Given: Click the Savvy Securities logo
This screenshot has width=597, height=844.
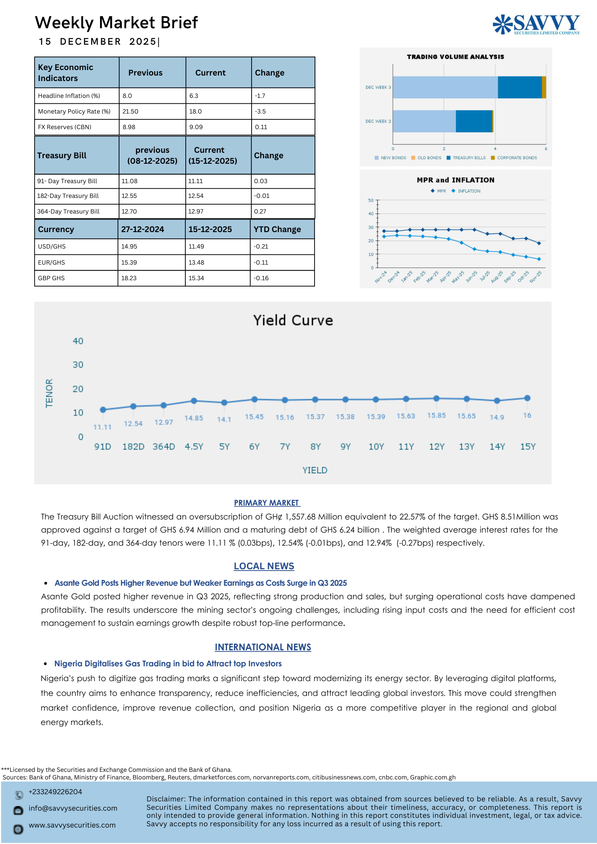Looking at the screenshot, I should pos(536,24).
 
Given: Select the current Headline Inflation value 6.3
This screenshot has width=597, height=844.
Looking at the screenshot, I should pos(194,96).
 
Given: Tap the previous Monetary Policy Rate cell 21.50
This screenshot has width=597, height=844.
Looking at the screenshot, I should pos(130,111).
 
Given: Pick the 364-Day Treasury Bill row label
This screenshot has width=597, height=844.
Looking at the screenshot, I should pos(68,211).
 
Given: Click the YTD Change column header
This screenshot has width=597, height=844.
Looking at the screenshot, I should pos(277,229).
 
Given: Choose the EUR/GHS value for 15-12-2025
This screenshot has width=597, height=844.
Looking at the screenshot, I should pos(196,262).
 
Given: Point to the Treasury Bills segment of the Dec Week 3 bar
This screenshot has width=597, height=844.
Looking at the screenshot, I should pos(519,87).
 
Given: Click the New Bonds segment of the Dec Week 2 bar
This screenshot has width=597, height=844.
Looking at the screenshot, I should pos(424,121).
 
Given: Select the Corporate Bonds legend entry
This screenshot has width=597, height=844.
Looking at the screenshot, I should pos(516,158).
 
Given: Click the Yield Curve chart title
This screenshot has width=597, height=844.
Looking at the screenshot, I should pos(293,320).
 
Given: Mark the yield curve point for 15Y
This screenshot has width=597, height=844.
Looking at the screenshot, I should pos(527,398).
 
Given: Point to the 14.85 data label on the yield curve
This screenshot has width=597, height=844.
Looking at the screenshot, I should pos(194,418).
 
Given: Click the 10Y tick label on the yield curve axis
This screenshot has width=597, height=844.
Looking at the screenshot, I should pos(376,446).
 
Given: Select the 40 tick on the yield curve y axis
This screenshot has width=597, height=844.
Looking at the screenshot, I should pos(78,341).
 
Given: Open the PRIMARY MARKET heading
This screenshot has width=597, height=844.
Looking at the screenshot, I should pos(267,503).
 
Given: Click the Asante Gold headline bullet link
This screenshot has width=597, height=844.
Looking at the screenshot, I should pos(201,583).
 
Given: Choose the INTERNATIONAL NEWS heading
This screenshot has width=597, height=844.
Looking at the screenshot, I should pos(263,647).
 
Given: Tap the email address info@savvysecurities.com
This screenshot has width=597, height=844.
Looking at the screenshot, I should pos(73,808).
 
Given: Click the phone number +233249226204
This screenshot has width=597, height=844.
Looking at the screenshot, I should pos(55,792).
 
